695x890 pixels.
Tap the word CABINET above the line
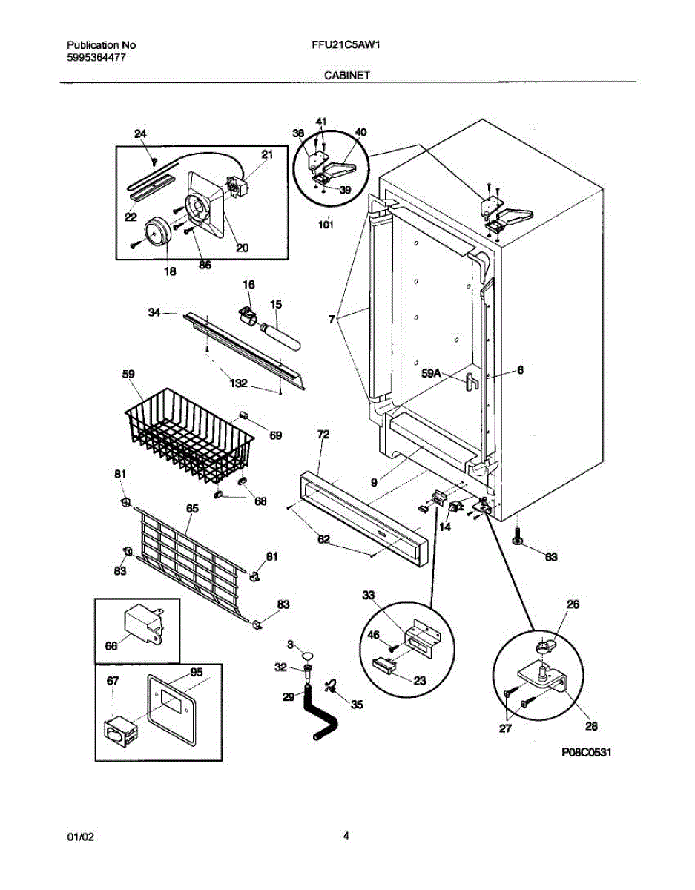(347, 75)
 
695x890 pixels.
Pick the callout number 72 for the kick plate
(323, 434)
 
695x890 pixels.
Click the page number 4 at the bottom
(346, 836)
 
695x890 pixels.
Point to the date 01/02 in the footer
(81, 837)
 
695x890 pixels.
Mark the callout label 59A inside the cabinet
(431, 375)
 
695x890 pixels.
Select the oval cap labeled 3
(306, 653)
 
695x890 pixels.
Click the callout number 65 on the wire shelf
(192, 508)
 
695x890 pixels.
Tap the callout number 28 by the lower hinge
(592, 725)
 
